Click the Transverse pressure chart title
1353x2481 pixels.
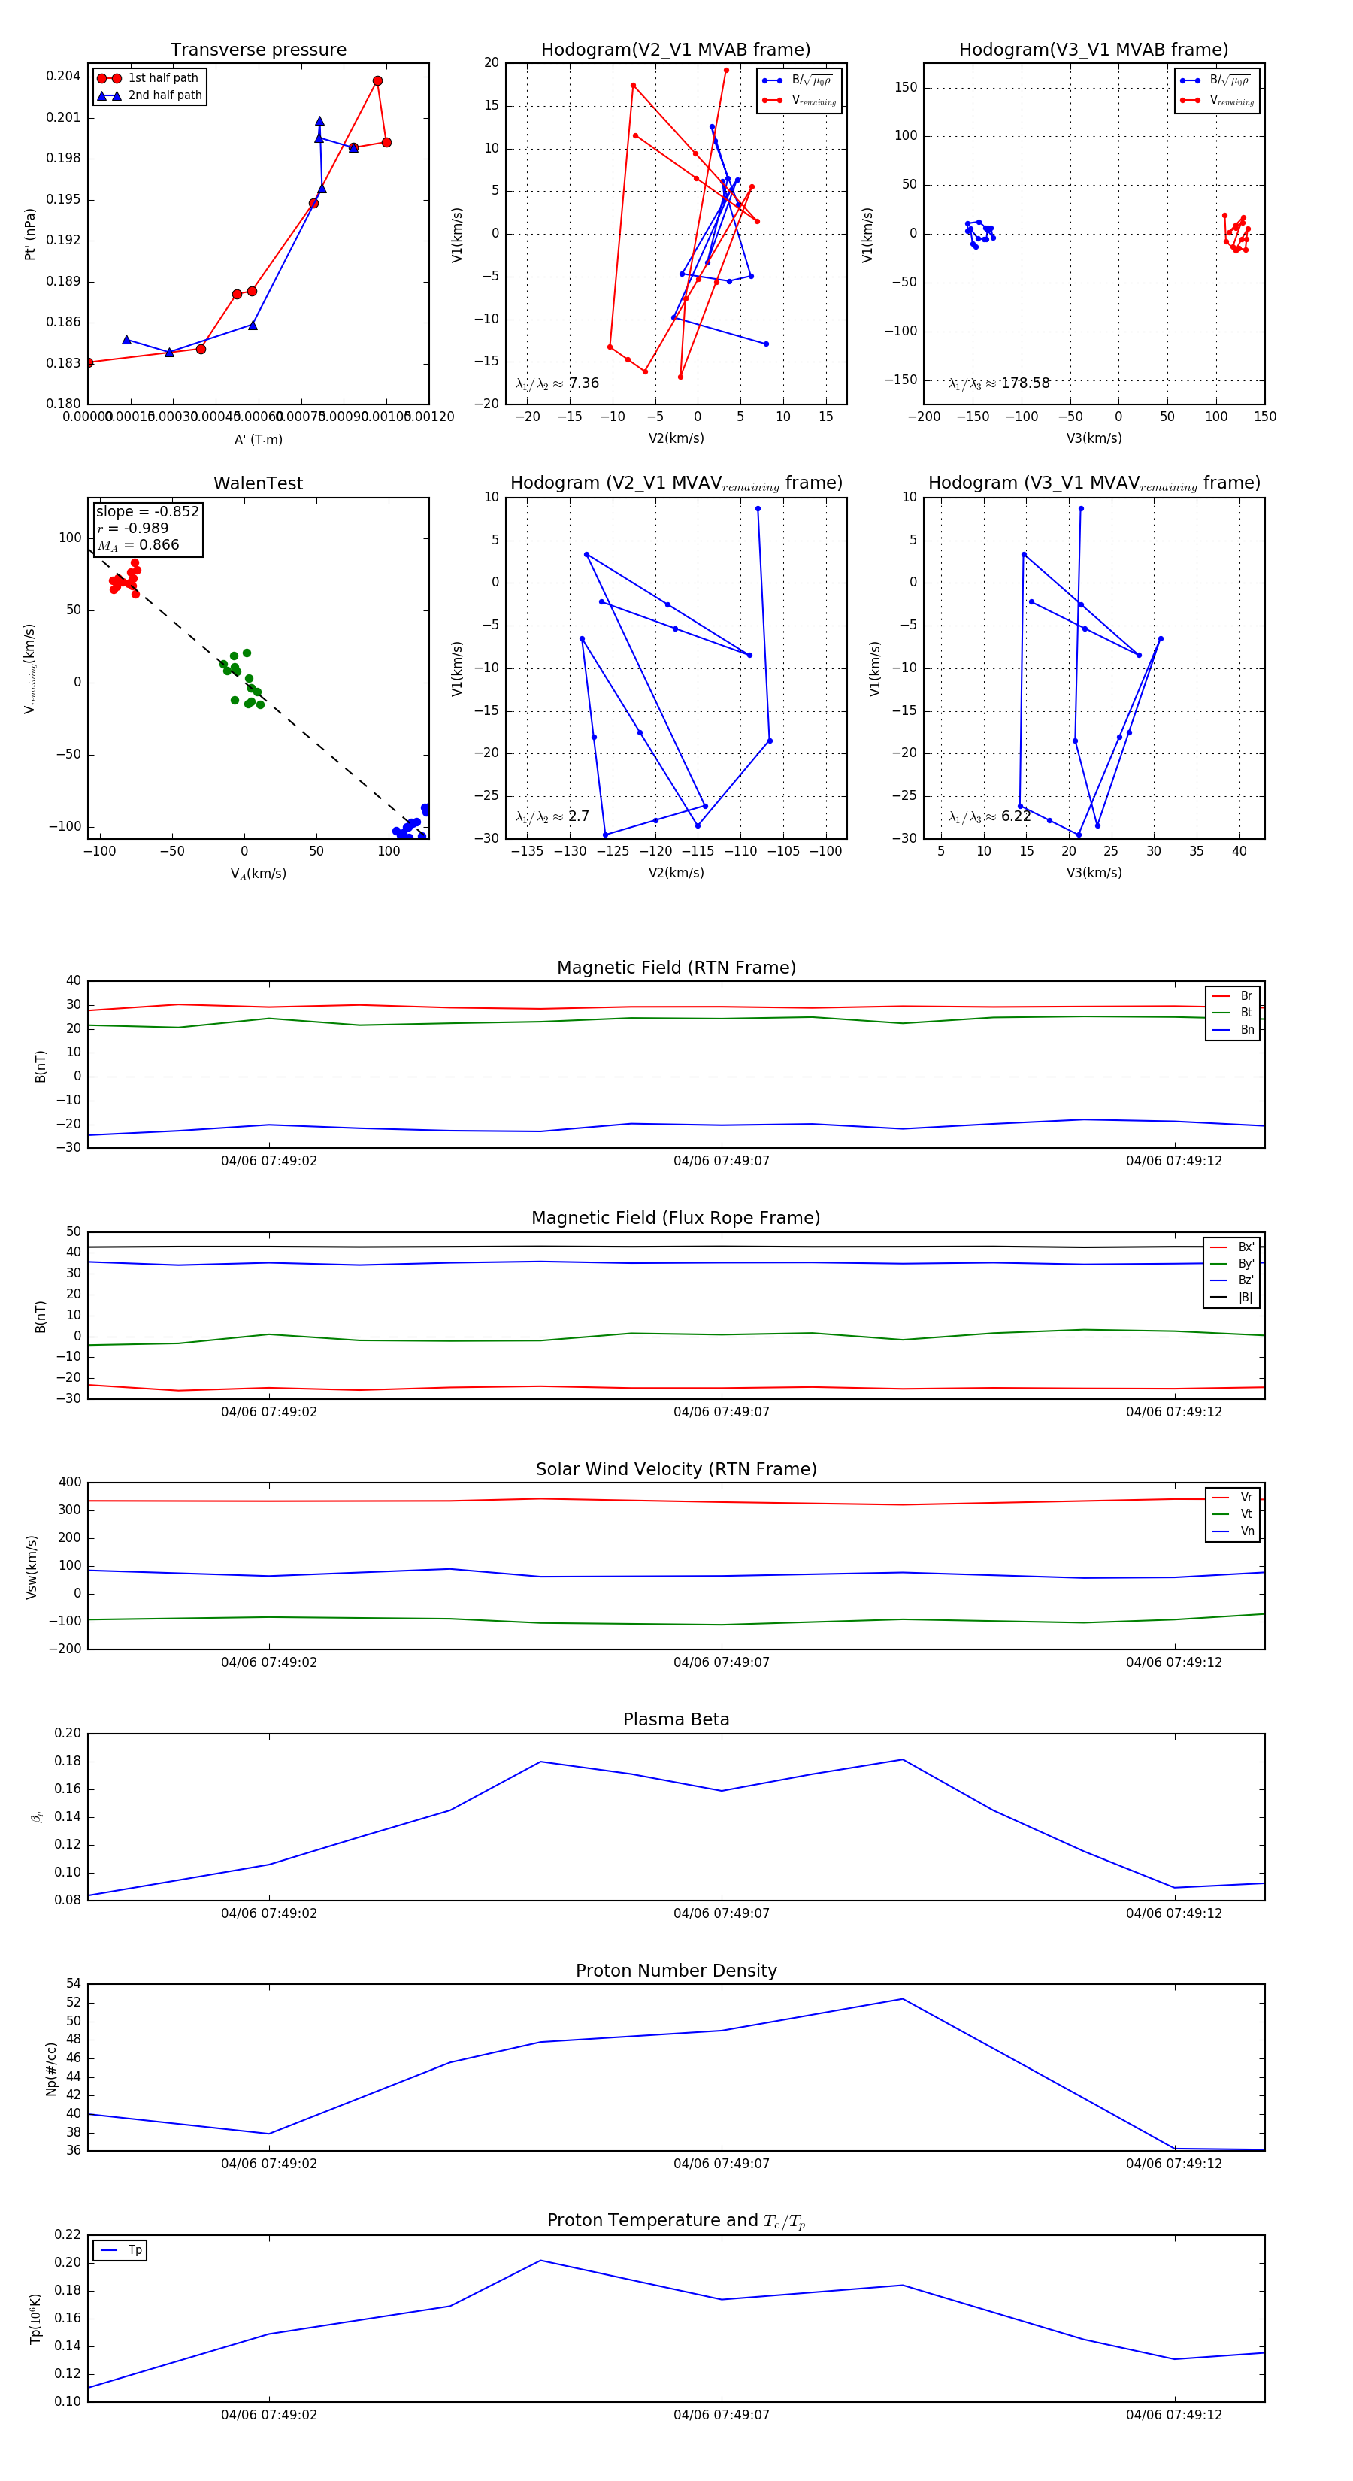pyautogui.click(x=258, y=50)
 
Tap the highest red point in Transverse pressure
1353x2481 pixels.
pyautogui.click(x=377, y=81)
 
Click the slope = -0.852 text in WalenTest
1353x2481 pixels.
pyautogui.click(x=147, y=511)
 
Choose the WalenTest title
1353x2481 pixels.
pyautogui.click(x=258, y=483)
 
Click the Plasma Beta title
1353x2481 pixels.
pyautogui.click(x=676, y=1719)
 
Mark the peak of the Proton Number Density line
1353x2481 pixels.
pyautogui.click(x=902, y=1998)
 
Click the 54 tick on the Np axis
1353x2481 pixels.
pyautogui.click(x=73, y=1983)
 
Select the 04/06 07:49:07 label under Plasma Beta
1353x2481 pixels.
pyautogui.click(x=722, y=1913)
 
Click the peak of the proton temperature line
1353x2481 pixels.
pyautogui.click(x=541, y=2259)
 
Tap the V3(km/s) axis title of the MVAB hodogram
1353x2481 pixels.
pyautogui.click(x=1094, y=438)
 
